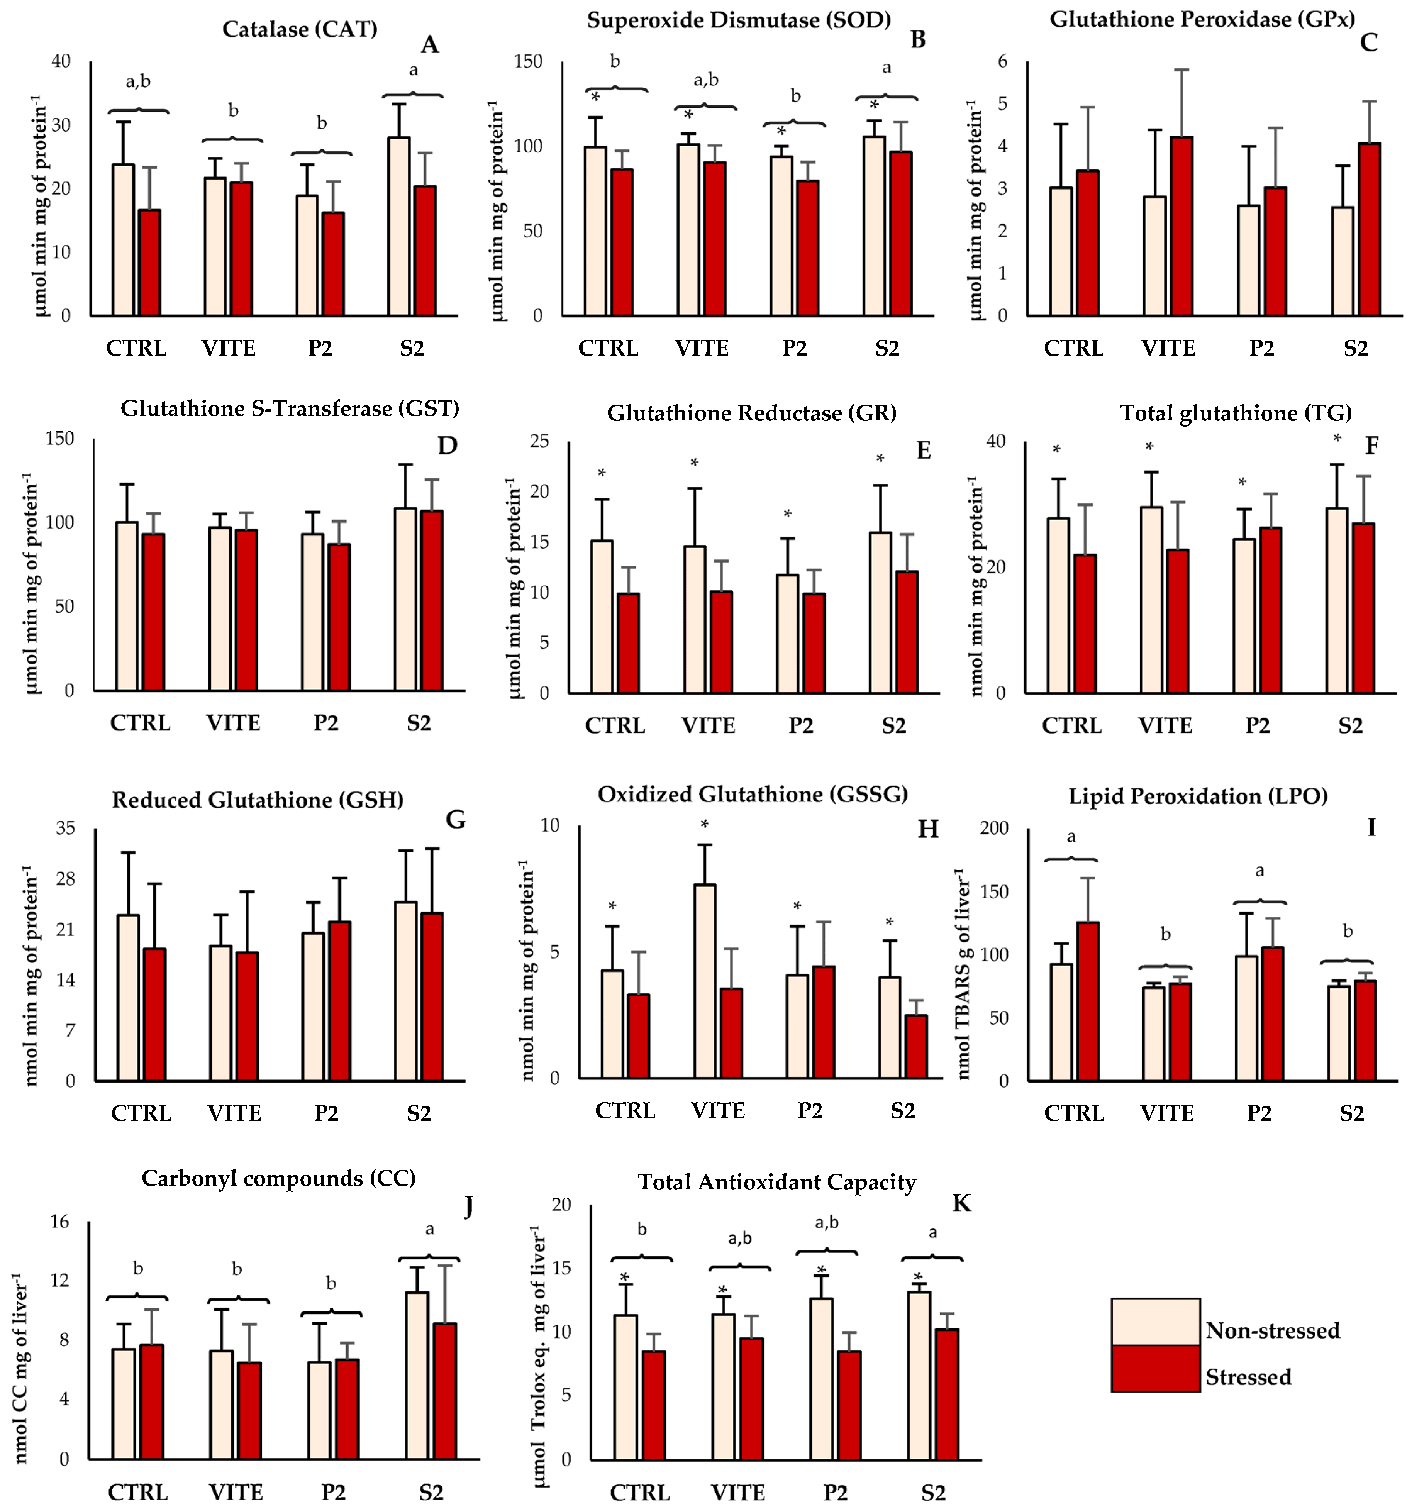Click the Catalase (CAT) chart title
click(300, 30)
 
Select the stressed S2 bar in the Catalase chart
click(425, 250)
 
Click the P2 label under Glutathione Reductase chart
click(800, 726)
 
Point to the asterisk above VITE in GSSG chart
click(704, 825)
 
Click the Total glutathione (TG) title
click(1236, 413)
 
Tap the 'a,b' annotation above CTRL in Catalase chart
click(138, 82)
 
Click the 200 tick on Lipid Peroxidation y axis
click(994, 828)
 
